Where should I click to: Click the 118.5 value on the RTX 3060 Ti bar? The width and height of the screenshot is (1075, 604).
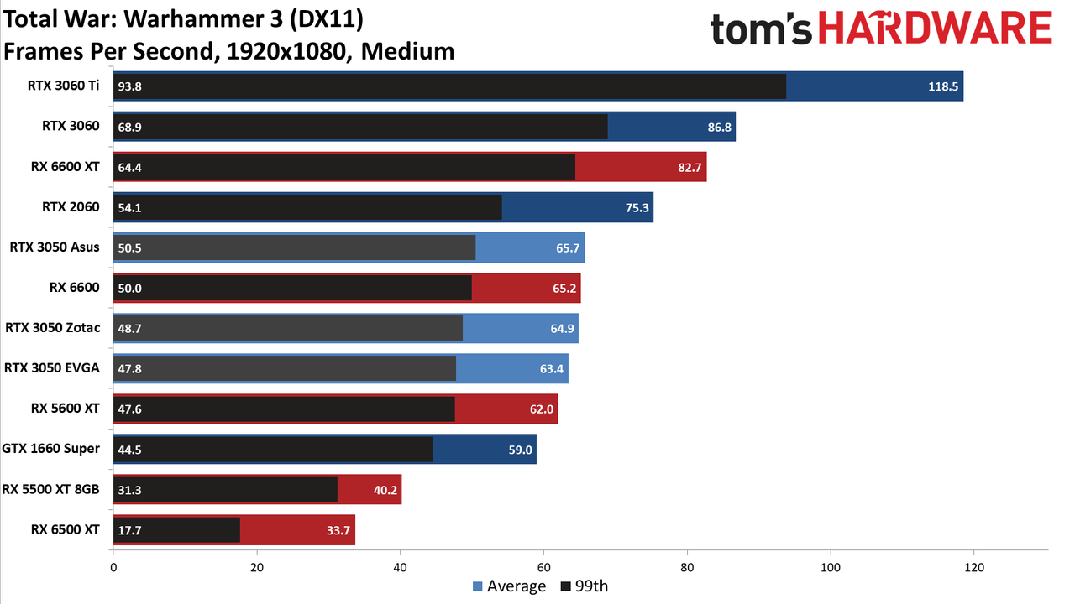(x=943, y=86)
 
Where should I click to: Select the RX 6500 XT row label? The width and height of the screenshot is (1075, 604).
(x=66, y=529)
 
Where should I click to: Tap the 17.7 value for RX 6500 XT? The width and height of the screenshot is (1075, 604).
(x=129, y=530)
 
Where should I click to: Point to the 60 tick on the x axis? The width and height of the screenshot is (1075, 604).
(x=543, y=568)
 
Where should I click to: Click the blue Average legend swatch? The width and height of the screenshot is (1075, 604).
(x=478, y=586)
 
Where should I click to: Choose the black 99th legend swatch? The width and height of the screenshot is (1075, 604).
(x=566, y=586)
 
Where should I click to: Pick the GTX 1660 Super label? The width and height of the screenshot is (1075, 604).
(x=51, y=449)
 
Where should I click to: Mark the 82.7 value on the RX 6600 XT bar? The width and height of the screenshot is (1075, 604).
(x=690, y=167)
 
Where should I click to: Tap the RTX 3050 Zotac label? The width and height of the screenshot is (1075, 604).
(x=53, y=328)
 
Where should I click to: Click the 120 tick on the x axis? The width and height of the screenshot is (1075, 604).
(x=974, y=568)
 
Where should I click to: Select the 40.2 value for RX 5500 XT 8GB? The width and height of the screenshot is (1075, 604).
(x=385, y=490)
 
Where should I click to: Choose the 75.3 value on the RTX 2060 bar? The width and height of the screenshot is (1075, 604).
(x=637, y=207)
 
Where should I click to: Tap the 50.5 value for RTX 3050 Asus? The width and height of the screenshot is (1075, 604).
(x=129, y=247)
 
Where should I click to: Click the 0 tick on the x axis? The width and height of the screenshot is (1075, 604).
(x=113, y=568)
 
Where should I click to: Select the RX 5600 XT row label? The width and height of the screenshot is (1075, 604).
(x=66, y=409)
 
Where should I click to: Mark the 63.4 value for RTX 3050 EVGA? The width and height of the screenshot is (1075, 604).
(x=552, y=368)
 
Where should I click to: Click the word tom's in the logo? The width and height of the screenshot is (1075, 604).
(x=761, y=29)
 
